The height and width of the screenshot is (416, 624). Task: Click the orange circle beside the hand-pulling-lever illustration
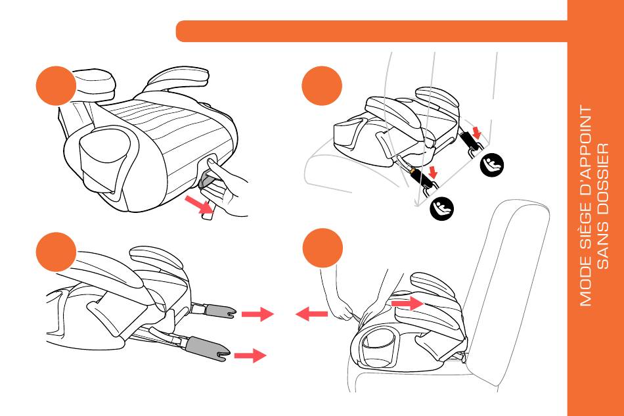click(x=56, y=85)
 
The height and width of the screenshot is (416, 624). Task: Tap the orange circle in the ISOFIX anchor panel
click(x=323, y=86)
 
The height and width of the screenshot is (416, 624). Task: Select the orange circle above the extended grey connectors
click(x=56, y=252)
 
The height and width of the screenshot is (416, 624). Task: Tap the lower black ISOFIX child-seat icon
click(x=441, y=208)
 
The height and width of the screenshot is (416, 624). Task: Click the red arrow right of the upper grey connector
click(x=257, y=315)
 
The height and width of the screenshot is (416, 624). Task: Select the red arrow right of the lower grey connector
click(x=250, y=356)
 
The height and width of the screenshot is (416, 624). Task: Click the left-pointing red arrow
click(x=311, y=315)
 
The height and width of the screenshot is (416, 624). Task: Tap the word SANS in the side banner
click(x=605, y=250)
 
